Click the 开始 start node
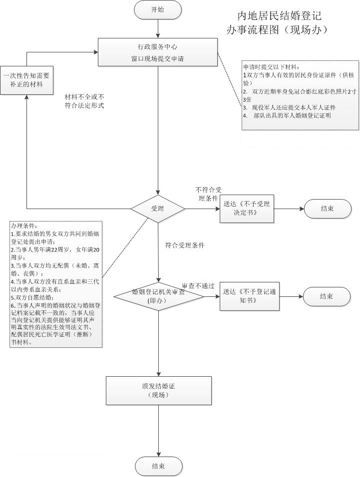[x=158, y=10]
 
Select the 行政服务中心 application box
[x=158, y=52]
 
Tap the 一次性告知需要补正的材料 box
[x=26, y=80]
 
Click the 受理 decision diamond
[x=158, y=209]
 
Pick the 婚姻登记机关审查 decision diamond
[x=158, y=296]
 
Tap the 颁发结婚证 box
[x=158, y=390]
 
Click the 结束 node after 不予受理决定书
[x=328, y=209]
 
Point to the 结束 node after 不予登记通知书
[x=327, y=296]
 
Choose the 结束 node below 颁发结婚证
[x=158, y=466]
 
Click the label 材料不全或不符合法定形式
[x=84, y=101]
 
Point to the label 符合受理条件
[x=185, y=245]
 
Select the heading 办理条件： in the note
[x=24, y=226]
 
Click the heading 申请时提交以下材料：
[x=272, y=67]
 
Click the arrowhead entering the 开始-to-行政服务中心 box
[x=158, y=36]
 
